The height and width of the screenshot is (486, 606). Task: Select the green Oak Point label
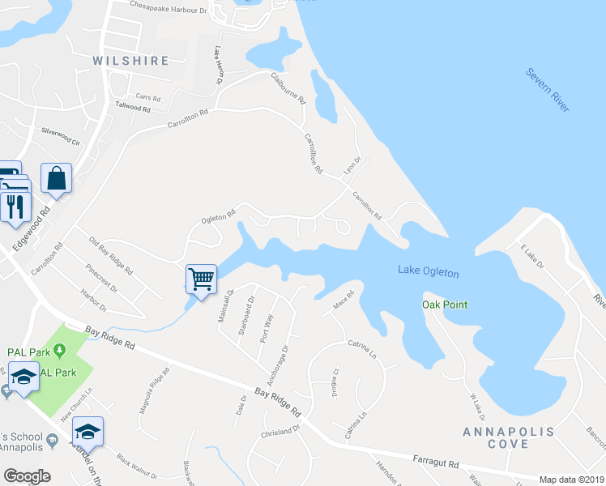click(445, 305)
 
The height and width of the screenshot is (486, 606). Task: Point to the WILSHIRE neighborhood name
click(130, 61)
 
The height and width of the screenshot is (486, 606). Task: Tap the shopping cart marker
click(201, 279)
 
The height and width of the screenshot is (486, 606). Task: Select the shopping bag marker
click(57, 179)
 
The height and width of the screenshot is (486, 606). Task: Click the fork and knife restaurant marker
click(15, 207)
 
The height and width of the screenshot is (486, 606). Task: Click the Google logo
click(27, 475)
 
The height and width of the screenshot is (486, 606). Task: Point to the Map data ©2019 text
click(571, 480)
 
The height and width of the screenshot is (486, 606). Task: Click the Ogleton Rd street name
click(219, 217)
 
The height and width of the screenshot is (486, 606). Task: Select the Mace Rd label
click(344, 300)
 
